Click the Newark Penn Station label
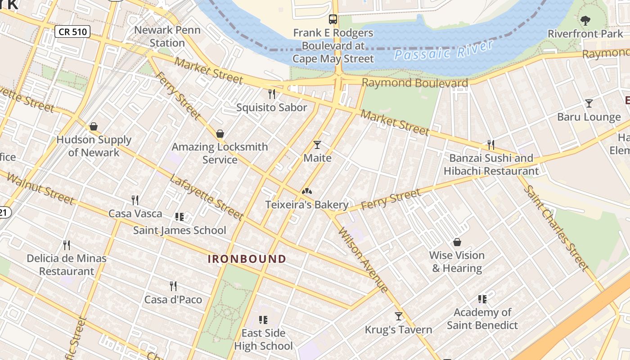[x=167, y=37]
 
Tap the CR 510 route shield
[x=72, y=31]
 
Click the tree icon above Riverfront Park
[x=585, y=20]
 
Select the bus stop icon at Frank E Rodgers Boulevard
[x=333, y=19]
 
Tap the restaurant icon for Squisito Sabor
[x=271, y=94]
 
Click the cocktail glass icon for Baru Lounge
[x=589, y=103]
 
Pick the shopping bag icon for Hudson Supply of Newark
[x=94, y=126]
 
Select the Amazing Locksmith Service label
[x=220, y=153]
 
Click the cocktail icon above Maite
[x=317, y=144]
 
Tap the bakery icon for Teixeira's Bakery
[x=307, y=191]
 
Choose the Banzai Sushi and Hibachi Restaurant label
[x=491, y=165]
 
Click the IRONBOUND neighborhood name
[x=247, y=259]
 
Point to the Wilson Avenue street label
[x=363, y=260]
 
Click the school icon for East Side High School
[x=263, y=320]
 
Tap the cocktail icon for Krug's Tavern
[x=398, y=316]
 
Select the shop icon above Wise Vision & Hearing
[x=457, y=242]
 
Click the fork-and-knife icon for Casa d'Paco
[x=173, y=286]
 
